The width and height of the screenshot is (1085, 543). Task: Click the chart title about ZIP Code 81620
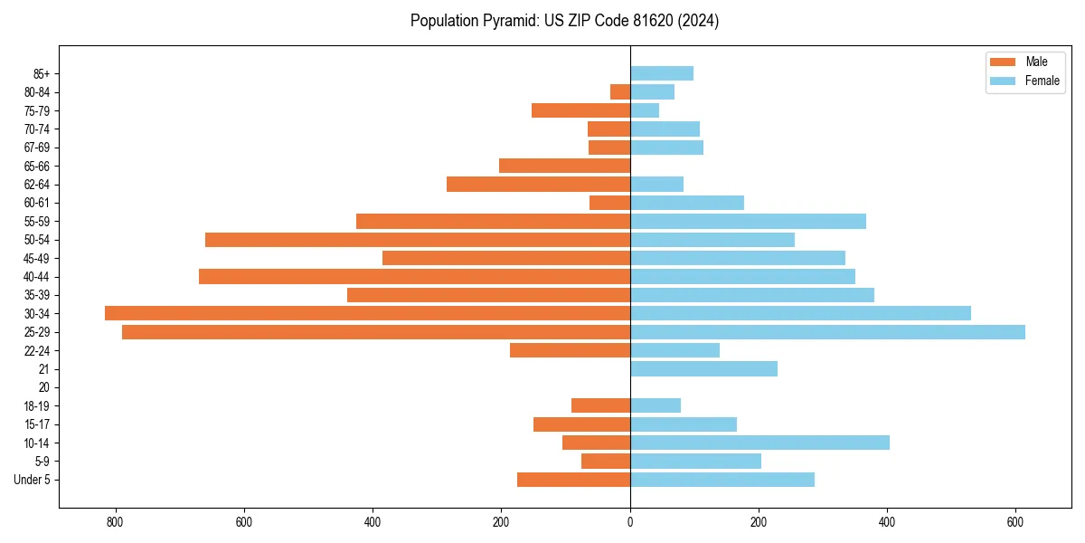[x=564, y=21]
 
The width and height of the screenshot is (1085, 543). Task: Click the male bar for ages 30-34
[x=367, y=313]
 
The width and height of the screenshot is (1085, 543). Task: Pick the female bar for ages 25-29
[x=827, y=332]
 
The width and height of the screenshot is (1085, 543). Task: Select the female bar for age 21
[x=703, y=369]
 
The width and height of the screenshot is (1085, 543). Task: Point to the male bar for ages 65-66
[x=564, y=166]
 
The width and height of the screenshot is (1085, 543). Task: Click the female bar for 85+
[x=662, y=73]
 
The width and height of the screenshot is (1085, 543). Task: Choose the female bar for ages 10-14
[x=759, y=443]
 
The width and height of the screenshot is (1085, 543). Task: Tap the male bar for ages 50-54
[x=418, y=240]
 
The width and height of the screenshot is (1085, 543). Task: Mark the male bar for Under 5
[x=573, y=480]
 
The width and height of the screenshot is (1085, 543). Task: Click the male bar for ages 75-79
[x=580, y=110]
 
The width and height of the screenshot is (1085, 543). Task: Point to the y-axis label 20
[x=44, y=387]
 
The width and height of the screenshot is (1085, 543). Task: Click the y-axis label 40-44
[x=37, y=277]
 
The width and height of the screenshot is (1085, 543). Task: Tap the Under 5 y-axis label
[x=33, y=480]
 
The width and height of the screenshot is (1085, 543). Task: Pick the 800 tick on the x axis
[x=115, y=522]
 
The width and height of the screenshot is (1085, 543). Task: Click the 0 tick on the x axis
[x=630, y=522]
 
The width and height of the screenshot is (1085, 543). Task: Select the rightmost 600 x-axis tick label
[x=1015, y=522]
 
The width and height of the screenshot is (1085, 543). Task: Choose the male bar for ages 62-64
[x=538, y=185]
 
